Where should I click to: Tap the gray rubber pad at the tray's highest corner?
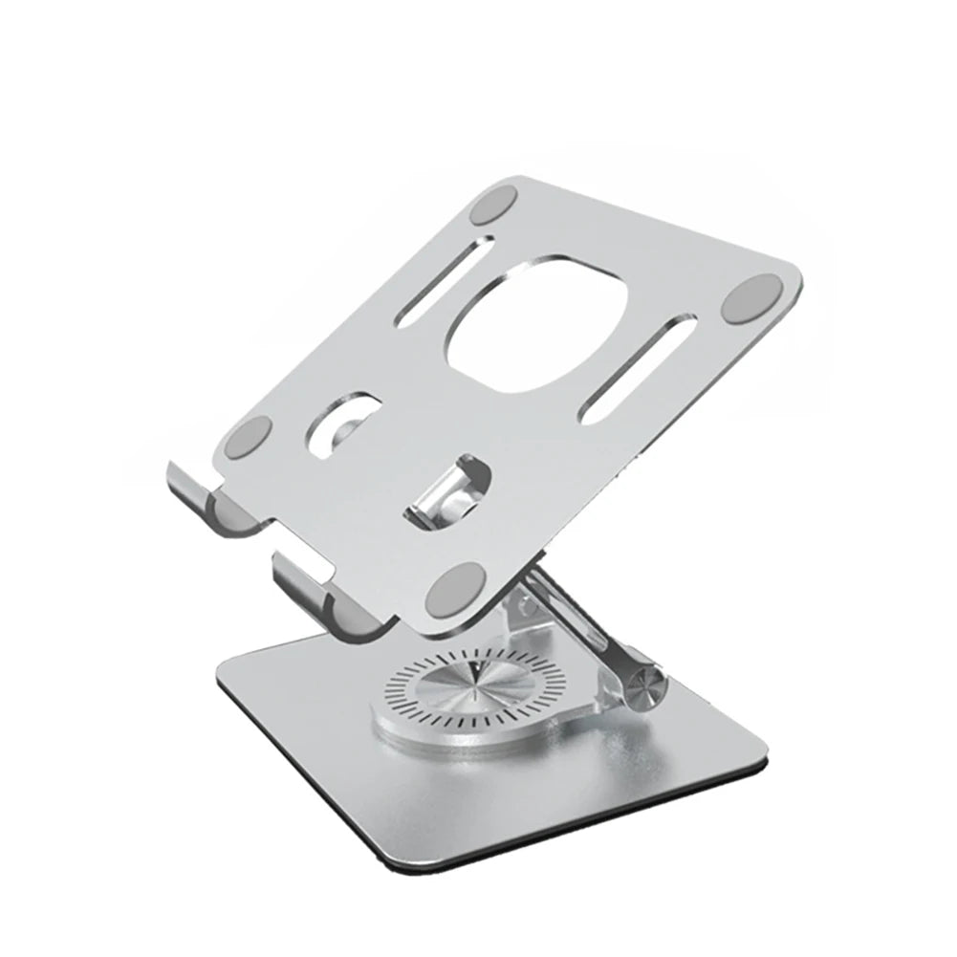point(495,203)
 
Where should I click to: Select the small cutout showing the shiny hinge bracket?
point(447,490)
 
